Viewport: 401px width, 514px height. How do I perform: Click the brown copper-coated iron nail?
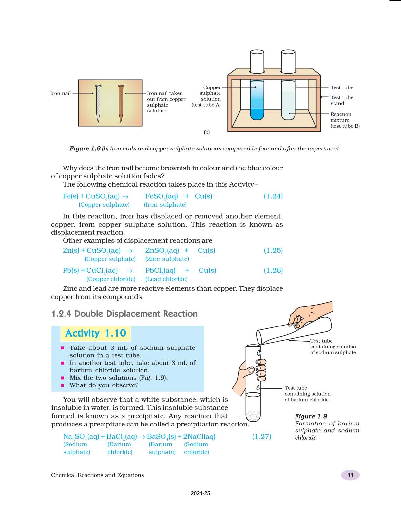(121, 103)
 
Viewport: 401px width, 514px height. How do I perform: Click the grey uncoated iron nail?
(98, 103)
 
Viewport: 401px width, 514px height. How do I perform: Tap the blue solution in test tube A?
(257, 108)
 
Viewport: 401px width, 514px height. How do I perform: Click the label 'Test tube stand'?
(341, 100)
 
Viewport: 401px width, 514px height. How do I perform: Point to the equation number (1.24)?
(273, 196)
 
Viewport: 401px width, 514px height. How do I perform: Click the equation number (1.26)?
(273, 270)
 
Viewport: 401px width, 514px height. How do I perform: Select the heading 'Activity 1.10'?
(96, 333)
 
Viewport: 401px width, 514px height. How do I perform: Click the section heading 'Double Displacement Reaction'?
(136, 314)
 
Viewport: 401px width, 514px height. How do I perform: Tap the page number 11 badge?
(350, 475)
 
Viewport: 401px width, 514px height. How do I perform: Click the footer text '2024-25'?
(200, 493)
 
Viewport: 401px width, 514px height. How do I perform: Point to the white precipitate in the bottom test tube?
(253, 416)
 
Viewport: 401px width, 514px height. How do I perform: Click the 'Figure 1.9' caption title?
(311, 416)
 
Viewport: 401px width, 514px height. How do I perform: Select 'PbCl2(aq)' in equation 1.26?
(160, 271)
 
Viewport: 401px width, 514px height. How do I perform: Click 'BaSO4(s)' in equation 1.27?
(161, 437)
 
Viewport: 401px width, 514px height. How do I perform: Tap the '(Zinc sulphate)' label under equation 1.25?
(167, 259)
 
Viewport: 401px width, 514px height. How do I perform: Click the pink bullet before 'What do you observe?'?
(63, 385)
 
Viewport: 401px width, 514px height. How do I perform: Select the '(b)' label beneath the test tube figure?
(207, 132)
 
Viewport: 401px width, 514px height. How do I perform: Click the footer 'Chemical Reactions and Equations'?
(97, 475)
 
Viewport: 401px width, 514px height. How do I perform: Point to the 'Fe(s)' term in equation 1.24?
(70, 196)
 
